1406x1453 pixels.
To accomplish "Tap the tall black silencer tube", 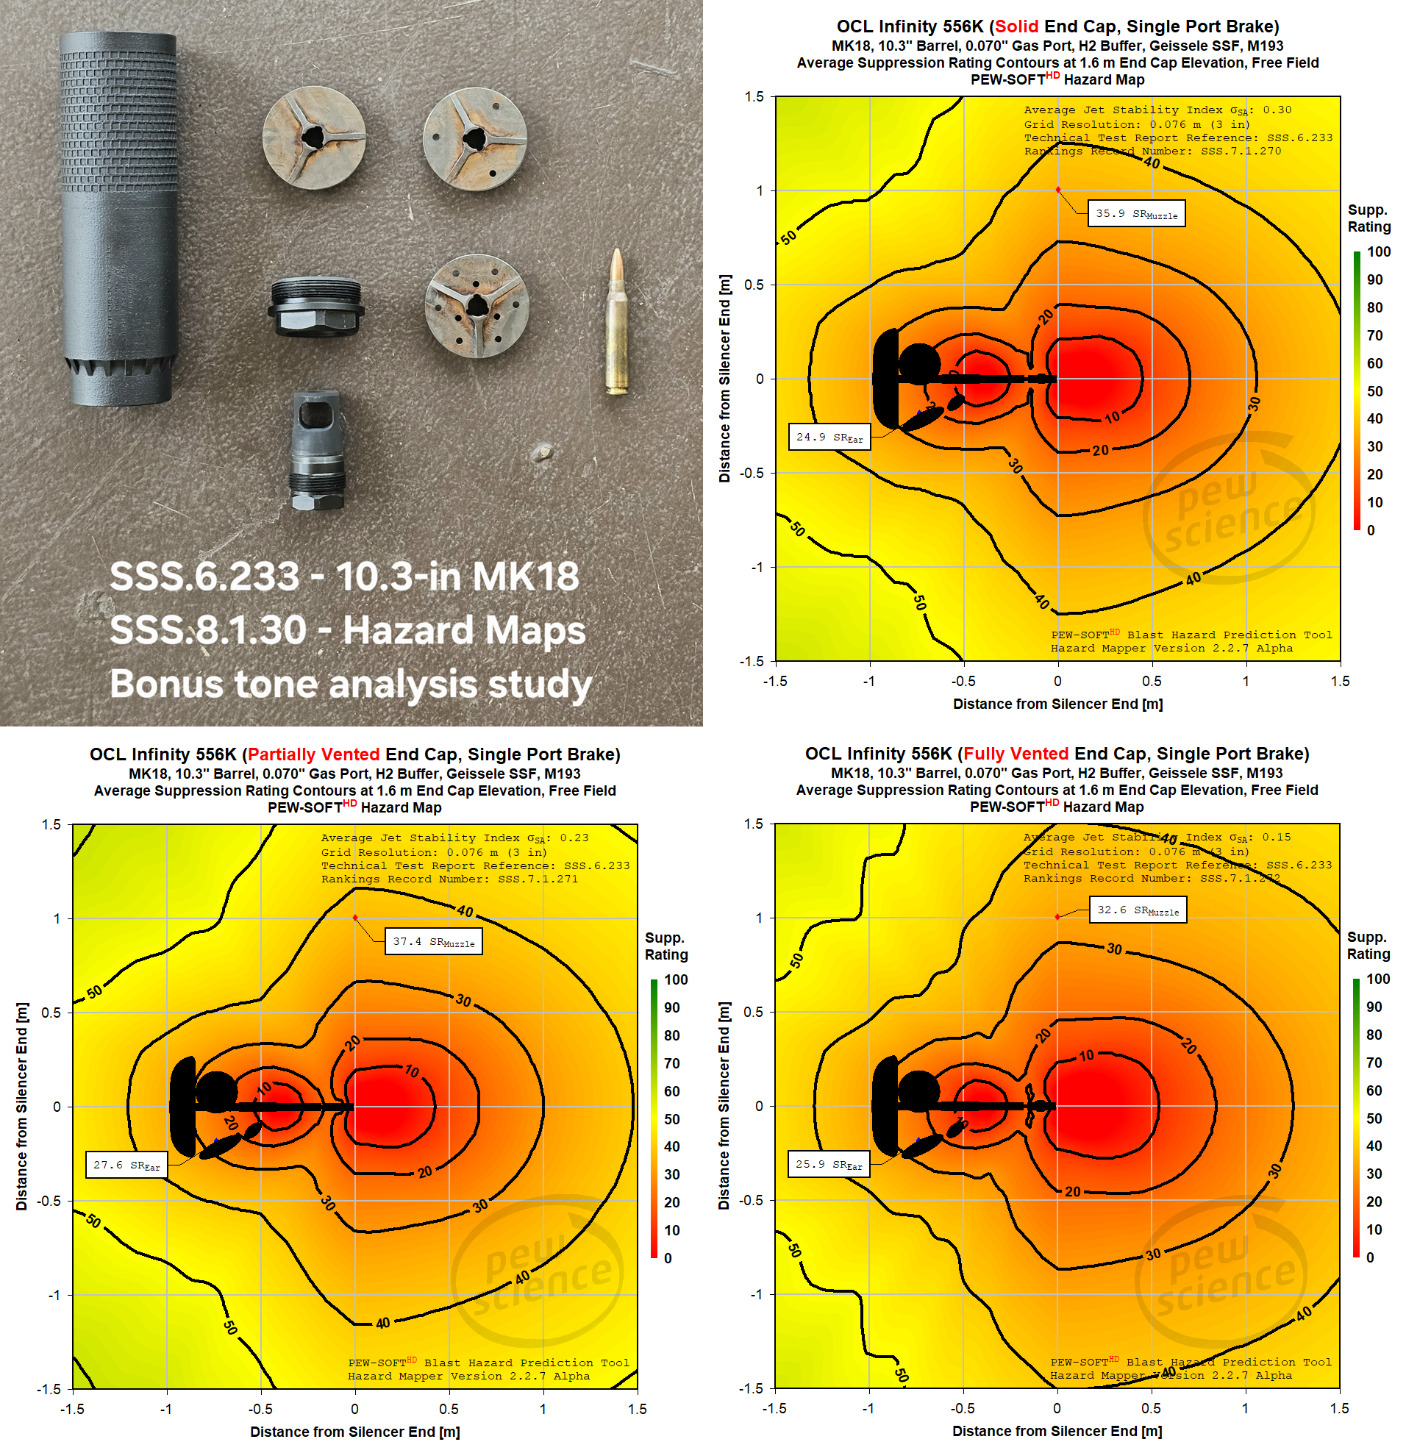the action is click(118, 218).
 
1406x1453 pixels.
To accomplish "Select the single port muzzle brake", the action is click(317, 451).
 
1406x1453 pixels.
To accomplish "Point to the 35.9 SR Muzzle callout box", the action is click(1136, 213).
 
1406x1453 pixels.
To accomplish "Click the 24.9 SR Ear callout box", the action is click(829, 438).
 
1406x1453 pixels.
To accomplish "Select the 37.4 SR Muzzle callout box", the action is click(434, 941).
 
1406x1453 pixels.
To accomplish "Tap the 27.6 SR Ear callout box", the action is click(126, 1165).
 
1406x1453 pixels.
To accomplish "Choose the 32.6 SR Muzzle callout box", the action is click(1138, 910).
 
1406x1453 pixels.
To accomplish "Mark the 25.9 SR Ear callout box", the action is click(829, 1164).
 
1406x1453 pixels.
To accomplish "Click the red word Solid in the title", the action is click(1016, 26).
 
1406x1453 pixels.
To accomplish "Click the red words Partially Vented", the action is click(313, 754).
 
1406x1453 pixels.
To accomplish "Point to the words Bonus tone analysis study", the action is click(351, 684).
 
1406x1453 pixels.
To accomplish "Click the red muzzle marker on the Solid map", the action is click(1057, 190).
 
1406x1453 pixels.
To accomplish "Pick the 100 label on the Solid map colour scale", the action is click(1379, 251).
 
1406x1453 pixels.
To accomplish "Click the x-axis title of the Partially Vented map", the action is click(355, 1432).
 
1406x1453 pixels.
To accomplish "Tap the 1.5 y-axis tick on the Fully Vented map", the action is click(754, 824).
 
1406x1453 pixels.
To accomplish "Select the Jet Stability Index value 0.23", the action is click(574, 838).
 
